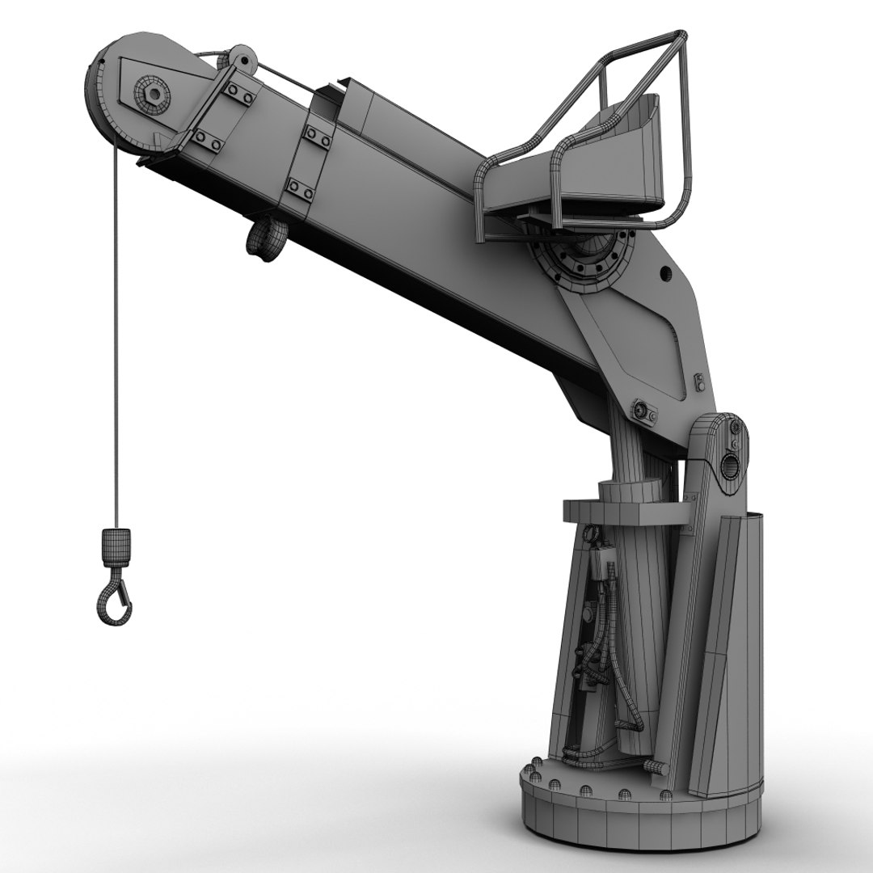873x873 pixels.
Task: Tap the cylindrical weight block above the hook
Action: (116, 548)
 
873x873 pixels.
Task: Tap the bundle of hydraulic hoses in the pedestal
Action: (602, 639)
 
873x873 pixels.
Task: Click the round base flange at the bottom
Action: (639, 816)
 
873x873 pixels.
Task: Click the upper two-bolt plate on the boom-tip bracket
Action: (241, 93)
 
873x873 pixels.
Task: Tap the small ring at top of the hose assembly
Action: (593, 534)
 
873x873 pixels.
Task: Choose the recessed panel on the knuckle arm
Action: (639, 348)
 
